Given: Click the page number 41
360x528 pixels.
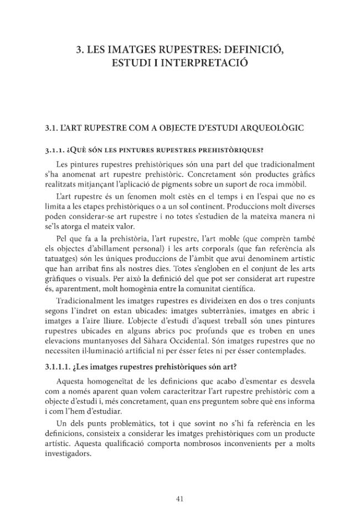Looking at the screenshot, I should click(x=179, y=499).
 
